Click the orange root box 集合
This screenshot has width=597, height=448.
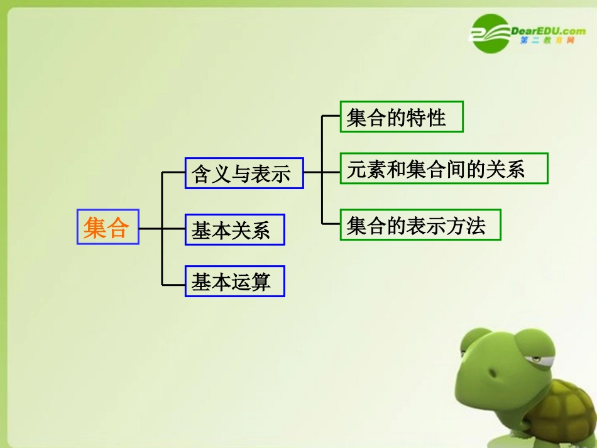click(107, 226)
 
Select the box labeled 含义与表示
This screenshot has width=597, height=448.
click(244, 173)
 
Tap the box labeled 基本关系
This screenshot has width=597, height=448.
click(234, 229)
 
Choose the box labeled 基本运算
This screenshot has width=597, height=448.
click(234, 281)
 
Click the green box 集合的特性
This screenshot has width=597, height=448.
click(401, 117)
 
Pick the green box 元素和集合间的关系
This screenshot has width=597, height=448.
click(444, 168)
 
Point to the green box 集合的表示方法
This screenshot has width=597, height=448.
click(420, 225)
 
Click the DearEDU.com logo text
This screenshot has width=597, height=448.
click(549, 30)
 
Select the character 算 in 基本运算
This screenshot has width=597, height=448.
click(259, 282)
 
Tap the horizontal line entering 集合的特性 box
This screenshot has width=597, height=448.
click(331, 116)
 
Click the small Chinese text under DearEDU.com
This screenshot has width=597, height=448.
click(548, 41)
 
